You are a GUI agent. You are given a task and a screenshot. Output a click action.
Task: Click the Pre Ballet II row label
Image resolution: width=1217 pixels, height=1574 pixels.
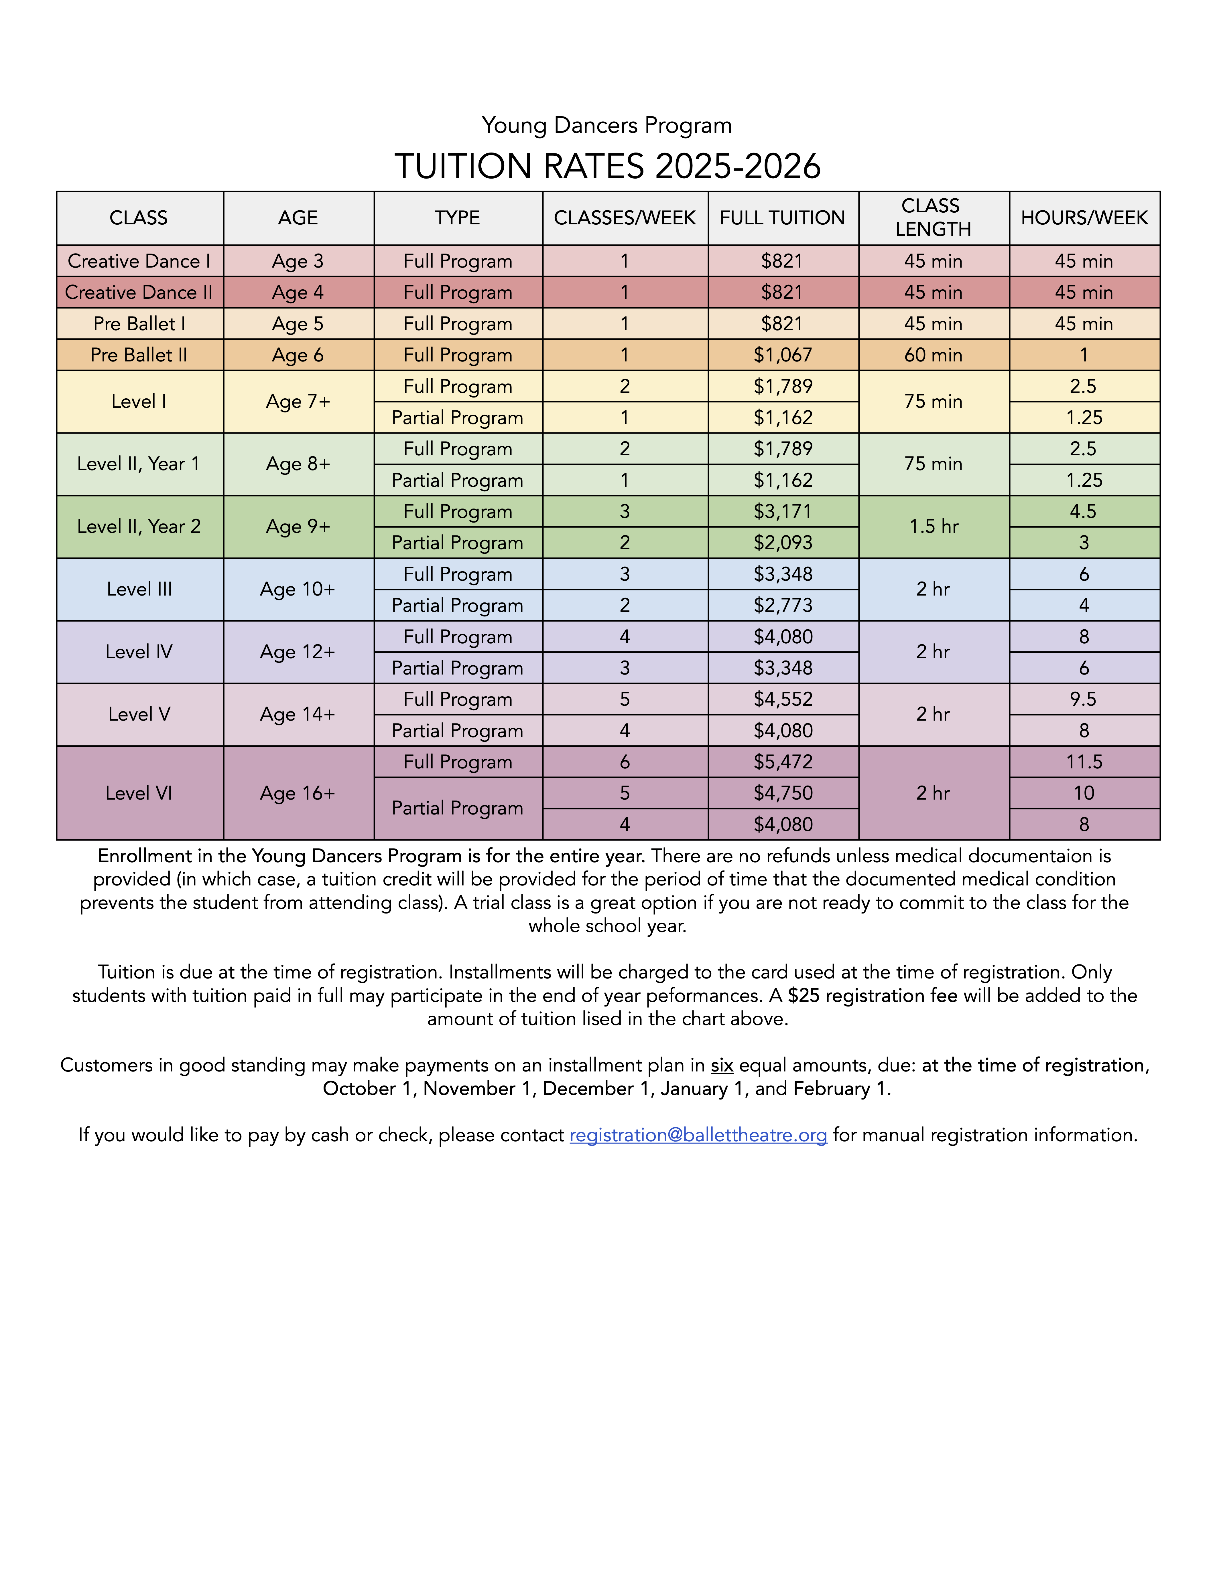139,355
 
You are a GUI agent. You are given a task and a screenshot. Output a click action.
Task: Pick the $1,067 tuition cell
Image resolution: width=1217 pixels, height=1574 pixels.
783,355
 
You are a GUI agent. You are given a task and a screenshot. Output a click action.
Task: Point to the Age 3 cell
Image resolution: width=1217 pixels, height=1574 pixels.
298,261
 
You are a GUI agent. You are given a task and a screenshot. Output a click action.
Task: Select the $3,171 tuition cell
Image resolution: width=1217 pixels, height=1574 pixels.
783,512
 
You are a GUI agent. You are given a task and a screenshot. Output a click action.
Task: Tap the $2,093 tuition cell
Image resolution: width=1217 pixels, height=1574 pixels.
783,543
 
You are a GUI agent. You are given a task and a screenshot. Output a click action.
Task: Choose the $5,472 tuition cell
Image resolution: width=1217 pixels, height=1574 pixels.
783,762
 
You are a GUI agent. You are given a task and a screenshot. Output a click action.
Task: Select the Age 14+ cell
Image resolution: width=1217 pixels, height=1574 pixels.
298,714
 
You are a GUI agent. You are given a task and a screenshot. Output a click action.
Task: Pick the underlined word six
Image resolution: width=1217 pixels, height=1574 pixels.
722,1065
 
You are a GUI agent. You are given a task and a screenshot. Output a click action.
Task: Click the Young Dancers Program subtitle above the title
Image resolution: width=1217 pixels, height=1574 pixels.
607,125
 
